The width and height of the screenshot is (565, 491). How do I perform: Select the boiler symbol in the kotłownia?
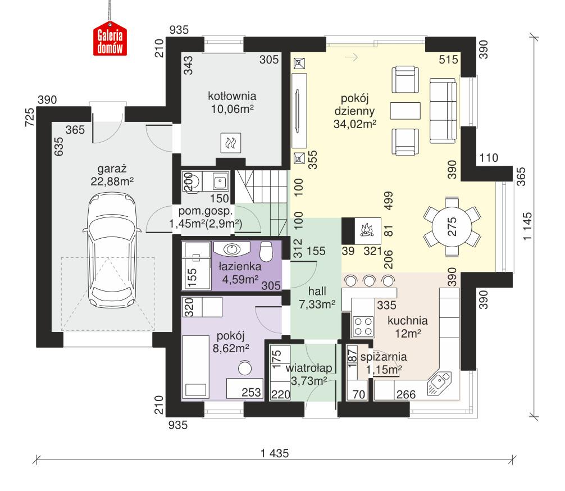(230, 143)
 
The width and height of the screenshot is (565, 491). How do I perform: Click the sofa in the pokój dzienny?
(443, 110)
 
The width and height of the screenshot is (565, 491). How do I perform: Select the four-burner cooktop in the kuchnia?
(362, 325)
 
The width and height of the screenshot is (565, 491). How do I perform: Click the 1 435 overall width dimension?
(274, 454)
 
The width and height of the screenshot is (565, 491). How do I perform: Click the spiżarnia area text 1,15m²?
(383, 370)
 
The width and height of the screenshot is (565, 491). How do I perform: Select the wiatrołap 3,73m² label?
(306, 375)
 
